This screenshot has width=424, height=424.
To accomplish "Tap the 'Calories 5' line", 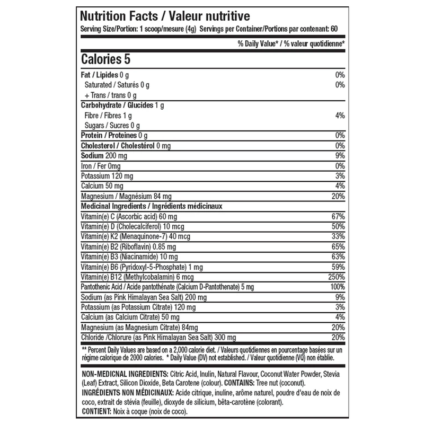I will (105, 59).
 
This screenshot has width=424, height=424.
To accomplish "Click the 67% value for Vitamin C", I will (338, 217).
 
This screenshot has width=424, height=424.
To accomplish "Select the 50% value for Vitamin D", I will (338, 227).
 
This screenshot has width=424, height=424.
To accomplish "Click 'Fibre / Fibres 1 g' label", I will (108, 116).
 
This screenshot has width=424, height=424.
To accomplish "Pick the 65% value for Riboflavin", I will (338, 247).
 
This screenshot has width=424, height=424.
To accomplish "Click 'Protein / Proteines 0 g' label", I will (113, 136).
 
